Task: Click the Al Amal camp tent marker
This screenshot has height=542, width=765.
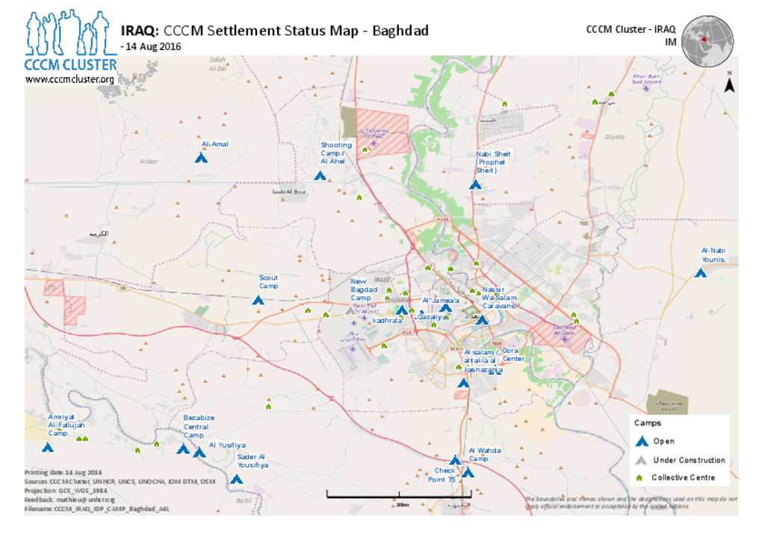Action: tap(200, 158)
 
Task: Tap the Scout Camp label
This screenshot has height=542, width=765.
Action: tap(268, 282)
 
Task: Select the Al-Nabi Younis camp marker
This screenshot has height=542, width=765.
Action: tap(700, 273)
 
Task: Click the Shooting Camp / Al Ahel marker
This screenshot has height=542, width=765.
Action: tap(320, 176)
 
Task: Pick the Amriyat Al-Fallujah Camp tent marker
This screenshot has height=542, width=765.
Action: tap(47, 448)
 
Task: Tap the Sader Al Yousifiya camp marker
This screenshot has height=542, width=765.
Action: tap(236, 479)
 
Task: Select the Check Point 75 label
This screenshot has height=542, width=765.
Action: tap(445, 475)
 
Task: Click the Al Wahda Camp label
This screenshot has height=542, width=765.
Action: tap(484, 454)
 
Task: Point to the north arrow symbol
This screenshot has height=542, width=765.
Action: tap(729, 84)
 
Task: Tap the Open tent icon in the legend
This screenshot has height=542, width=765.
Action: tap(639, 442)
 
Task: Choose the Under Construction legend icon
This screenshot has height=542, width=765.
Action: tap(639, 460)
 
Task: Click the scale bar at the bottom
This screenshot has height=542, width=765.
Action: tap(399, 493)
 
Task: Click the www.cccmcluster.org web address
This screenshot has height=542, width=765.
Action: tap(69, 79)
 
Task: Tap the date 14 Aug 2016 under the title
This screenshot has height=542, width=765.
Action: tap(153, 46)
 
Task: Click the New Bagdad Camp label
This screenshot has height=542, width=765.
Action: tap(364, 289)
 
